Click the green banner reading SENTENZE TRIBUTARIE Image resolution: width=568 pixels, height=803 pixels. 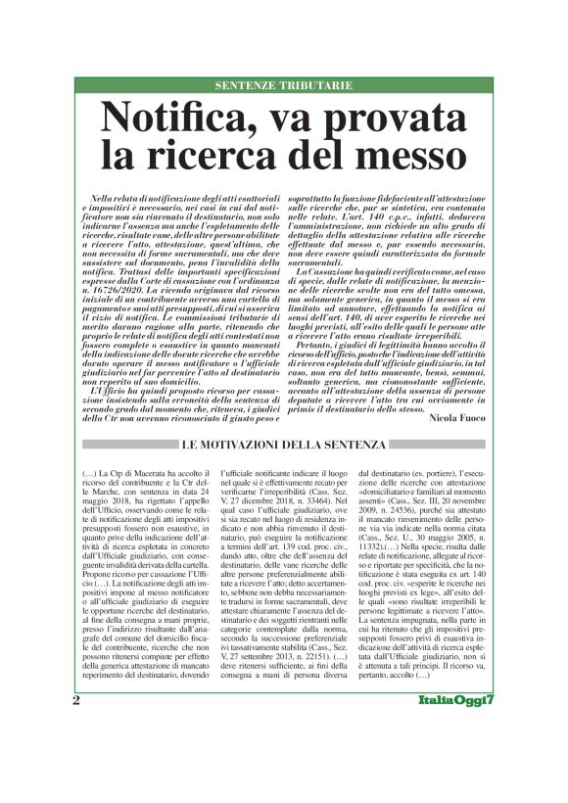[x=284, y=86]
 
